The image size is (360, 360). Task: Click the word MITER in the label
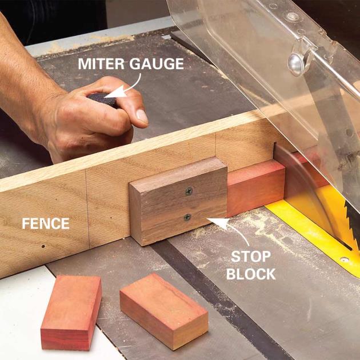point(101,63)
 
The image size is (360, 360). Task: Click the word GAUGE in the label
point(157,63)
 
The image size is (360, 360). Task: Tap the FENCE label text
point(46,223)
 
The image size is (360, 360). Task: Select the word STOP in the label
point(251,257)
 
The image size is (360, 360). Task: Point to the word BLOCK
point(251,274)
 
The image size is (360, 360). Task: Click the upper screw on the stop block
point(189,191)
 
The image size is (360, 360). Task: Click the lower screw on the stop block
point(187,217)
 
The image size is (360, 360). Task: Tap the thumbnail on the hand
point(142,116)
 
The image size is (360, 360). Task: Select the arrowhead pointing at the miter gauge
point(116,92)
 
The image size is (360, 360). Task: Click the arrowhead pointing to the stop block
point(218,222)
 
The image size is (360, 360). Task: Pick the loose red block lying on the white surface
point(71,313)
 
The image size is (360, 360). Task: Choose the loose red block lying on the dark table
point(164,311)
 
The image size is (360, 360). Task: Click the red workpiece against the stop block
point(255,188)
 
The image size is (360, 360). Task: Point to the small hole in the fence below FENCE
point(43,247)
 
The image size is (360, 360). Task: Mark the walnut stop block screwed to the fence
point(178,201)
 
